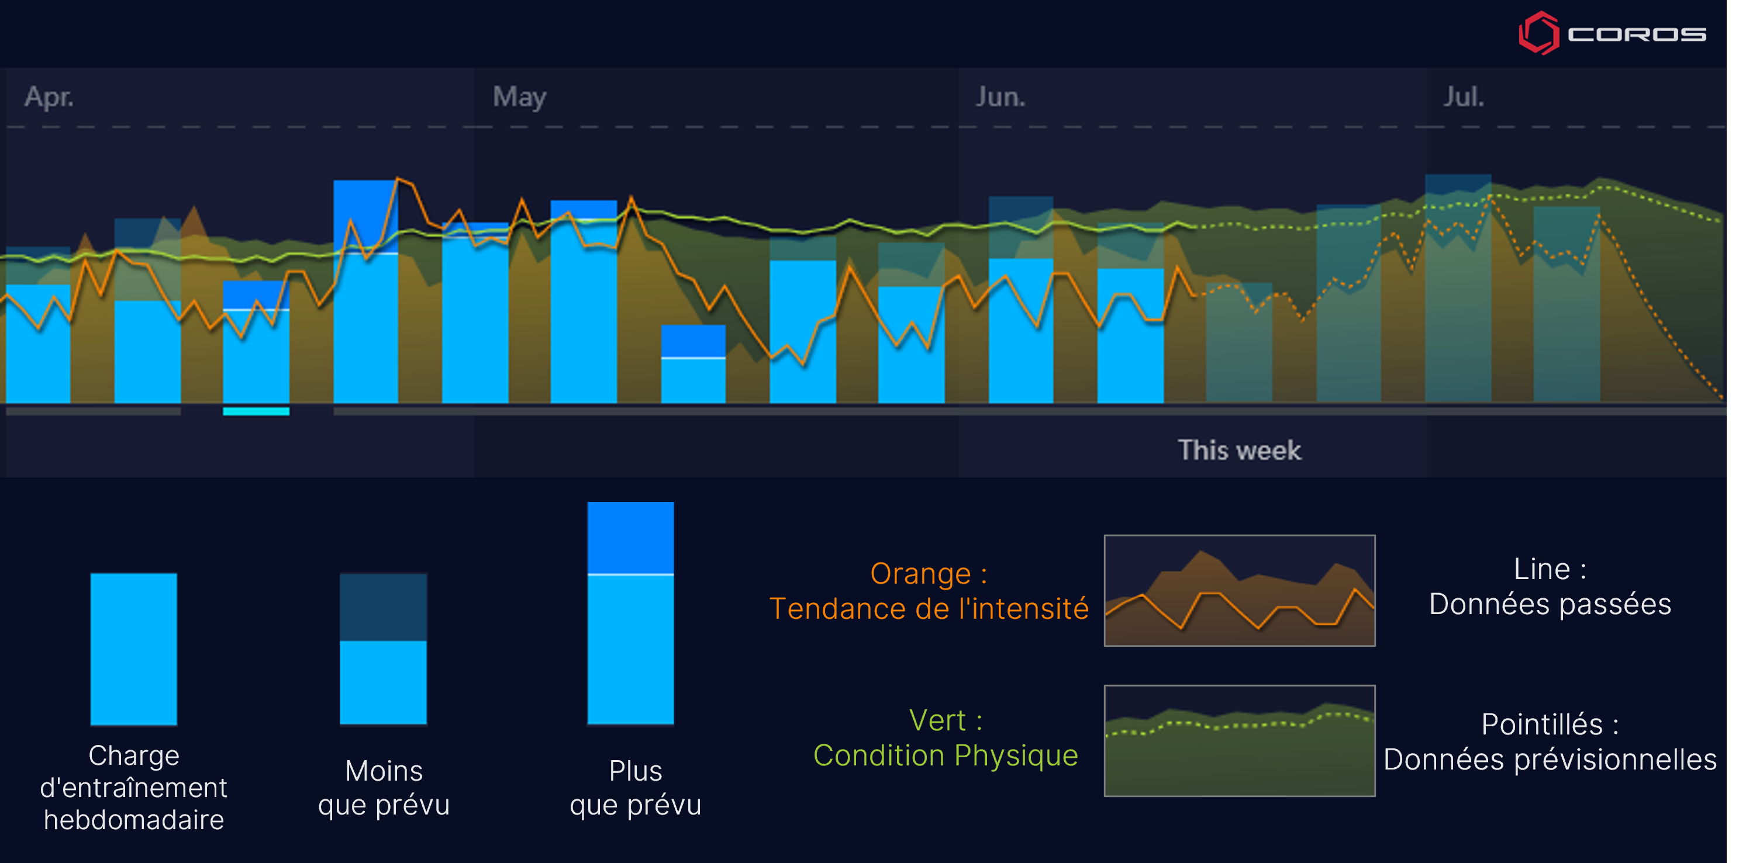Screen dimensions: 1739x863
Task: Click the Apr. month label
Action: tap(49, 97)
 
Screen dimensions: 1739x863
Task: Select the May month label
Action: tap(519, 97)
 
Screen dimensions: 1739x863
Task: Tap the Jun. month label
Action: tap(1000, 97)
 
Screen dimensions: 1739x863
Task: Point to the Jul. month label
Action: tap(1464, 97)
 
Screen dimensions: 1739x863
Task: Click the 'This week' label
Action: tap(1240, 450)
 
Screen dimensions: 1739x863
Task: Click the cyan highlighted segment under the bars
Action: tap(257, 411)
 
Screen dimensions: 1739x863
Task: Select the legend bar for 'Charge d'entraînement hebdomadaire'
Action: tap(134, 649)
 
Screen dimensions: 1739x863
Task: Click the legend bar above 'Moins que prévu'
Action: tap(384, 649)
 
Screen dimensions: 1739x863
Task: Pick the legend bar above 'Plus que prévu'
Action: tap(630, 613)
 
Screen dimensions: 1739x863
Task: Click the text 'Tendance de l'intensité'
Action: tap(929, 609)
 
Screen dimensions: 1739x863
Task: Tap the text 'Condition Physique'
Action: tap(945, 755)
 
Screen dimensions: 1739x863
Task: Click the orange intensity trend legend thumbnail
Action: tap(1240, 590)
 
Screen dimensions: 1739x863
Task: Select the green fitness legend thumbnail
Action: tap(1240, 741)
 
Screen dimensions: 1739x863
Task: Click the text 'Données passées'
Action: tap(1550, 604)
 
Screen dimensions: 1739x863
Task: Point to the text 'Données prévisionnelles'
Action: tap(1550, 760)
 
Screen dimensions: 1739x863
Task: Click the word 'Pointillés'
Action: tap(1543, 725)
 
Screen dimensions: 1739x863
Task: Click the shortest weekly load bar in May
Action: tap(693, 365)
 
